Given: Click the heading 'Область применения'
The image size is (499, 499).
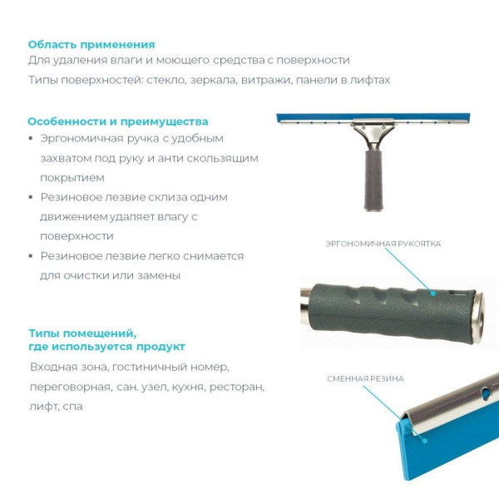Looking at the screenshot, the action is [x=91, y=45].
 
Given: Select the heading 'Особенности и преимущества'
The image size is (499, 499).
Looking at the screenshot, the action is [x=118, y=121].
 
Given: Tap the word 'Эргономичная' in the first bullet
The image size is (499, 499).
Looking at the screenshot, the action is [x=82, y=139].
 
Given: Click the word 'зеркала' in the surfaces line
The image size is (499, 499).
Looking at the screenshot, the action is [x=213, y=80].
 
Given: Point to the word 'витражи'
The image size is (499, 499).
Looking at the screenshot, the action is [x=266, y=80].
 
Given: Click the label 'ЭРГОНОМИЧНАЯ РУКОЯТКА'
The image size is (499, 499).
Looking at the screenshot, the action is [x=383, y=244].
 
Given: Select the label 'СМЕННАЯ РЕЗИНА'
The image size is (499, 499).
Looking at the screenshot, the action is [x=365, y=378].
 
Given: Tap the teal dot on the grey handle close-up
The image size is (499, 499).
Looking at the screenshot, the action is [x=432, y=293].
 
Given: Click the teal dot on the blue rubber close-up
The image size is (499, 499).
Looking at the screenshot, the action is [x=424, y=441].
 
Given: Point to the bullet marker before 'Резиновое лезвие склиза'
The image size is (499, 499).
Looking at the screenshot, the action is [x=31, y=197].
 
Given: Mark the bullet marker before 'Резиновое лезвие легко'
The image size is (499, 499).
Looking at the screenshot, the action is [x=31, y=256].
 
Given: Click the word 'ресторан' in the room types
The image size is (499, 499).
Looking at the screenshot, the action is [x=237, y=387].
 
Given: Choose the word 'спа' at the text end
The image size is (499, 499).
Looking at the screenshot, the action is [x=72, y=407].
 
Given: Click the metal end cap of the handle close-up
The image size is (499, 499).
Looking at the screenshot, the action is [x=477, y=319].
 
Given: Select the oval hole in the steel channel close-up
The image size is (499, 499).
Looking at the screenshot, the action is [x=486, y=393].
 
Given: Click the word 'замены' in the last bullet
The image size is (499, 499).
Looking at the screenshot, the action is [x=159, y=275].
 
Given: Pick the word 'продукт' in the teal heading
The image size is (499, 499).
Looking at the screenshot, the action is [x=161, y=347].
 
